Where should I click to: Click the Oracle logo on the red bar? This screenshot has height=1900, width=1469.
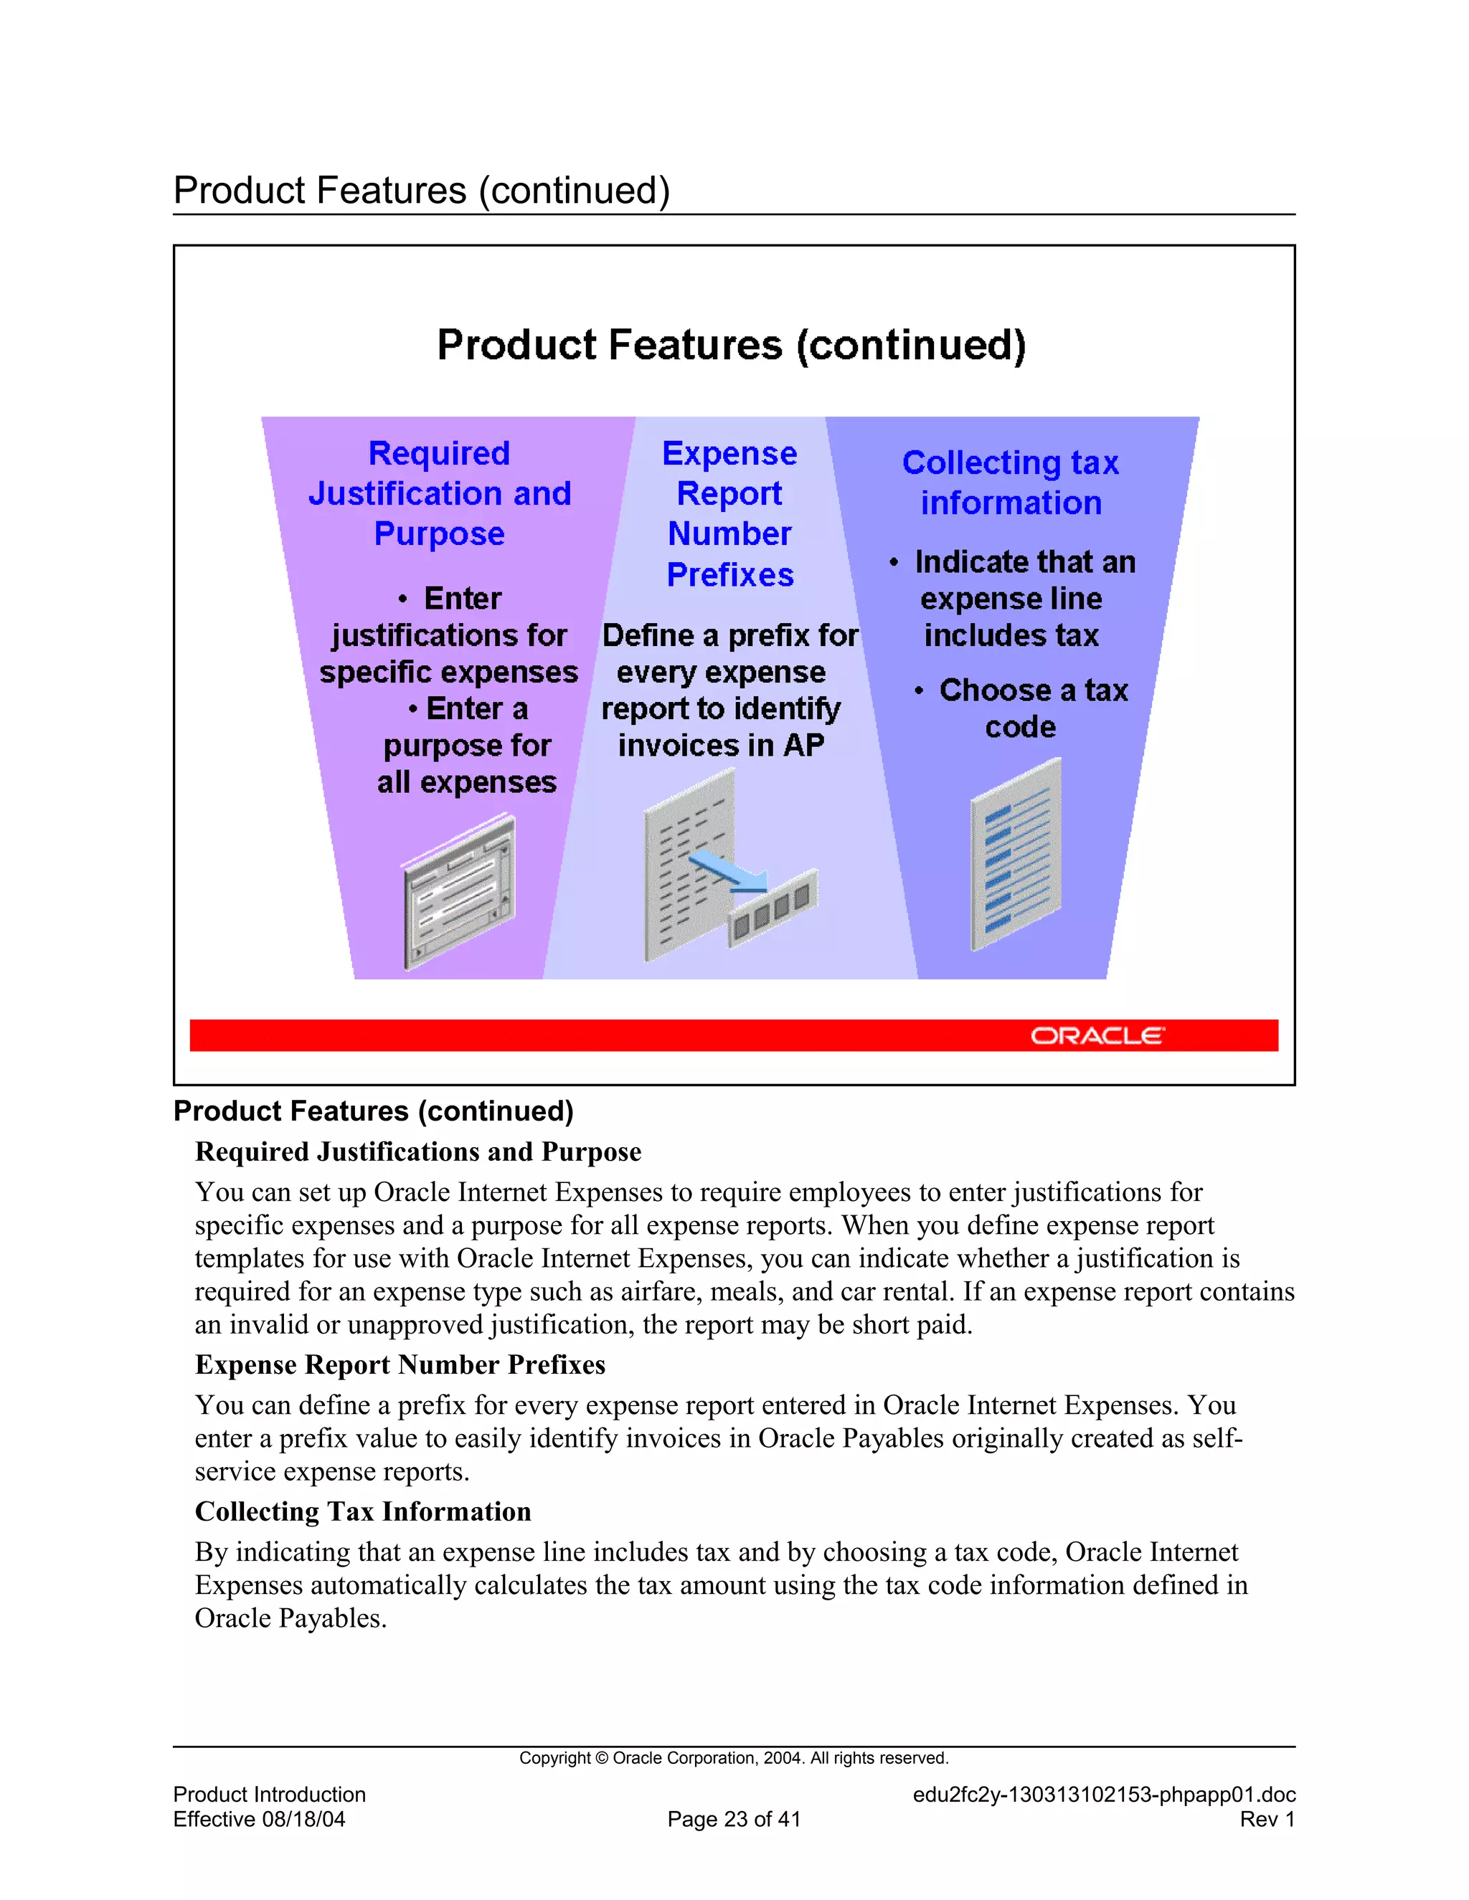click(x=1097, y=1035)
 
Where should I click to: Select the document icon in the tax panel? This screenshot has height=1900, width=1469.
click(x=1016, y=855)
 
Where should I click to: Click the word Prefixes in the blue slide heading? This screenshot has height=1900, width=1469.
click(x=730, y=575)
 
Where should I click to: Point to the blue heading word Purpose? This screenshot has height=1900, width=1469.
click(x=440, y=533)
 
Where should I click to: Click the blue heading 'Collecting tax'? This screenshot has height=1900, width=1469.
click(x=1011, y=463)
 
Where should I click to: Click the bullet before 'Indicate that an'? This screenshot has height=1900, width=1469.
click(x=894, y=563)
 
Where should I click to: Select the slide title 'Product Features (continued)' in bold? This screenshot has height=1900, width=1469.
click(x=731, y=346)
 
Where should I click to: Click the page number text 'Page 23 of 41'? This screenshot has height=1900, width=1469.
click(x=734, y=1819)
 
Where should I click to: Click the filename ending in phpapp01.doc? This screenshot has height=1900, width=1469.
click(x=1103, y=1794)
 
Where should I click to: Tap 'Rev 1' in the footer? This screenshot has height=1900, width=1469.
click(x=1267, y=1819)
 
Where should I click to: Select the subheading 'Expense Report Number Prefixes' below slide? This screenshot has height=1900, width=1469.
click(x=400, y=1364)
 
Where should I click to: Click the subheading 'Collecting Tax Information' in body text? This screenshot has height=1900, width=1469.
click(x=363, y=1511)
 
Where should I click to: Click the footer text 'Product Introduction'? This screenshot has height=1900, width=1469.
click(x=270, y=1794)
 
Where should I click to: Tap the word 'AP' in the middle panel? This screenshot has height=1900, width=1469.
click(x=803, y=746)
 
